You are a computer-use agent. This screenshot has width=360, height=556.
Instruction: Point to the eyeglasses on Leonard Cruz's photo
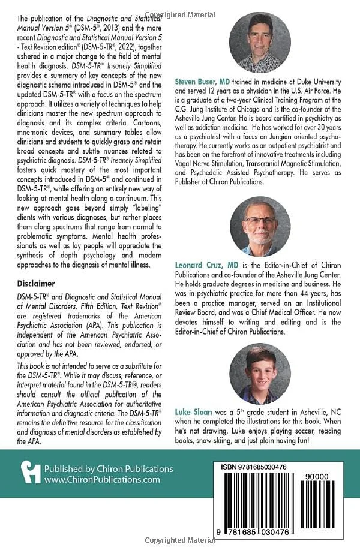[259, 220]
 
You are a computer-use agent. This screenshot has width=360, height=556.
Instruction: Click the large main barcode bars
[258, 504]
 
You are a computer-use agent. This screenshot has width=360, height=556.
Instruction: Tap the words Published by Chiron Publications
[104, 469]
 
